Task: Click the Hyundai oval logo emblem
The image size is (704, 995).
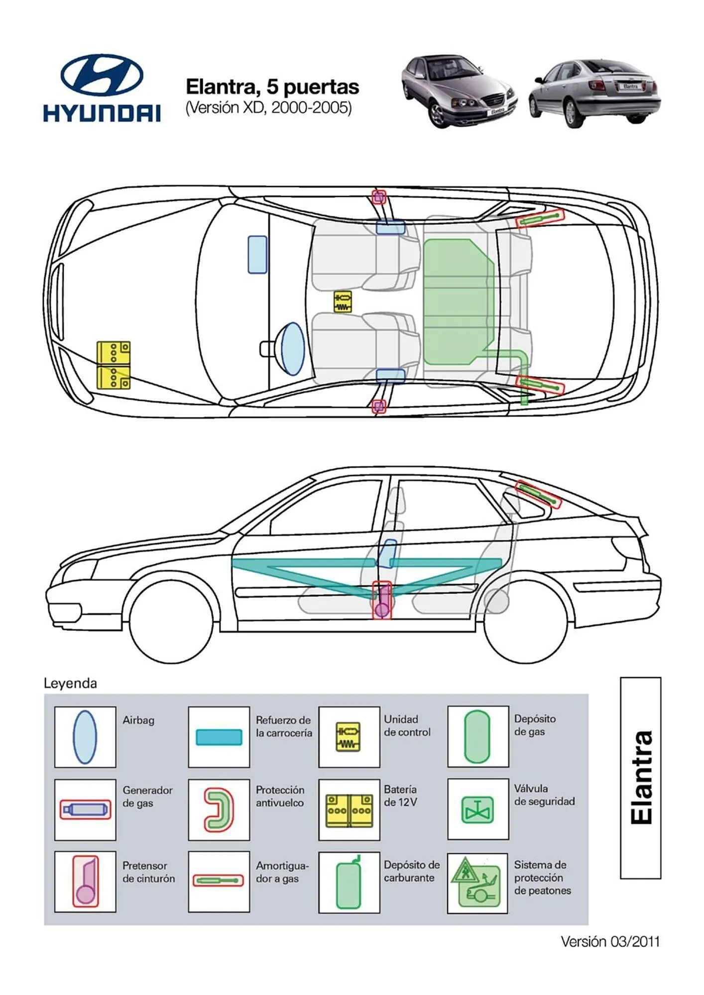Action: (x=102, y=75)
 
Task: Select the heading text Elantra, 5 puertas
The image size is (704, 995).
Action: (x=272, y=87)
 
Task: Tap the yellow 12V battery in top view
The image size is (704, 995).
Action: (x=114, y=365)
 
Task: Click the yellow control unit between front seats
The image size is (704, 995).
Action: (x=343, y=301)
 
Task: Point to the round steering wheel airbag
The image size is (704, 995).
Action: (x=292, y=348)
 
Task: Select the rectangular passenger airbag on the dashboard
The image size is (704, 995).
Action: (x=257, y=254)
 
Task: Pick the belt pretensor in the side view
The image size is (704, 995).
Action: (x=382, y=600)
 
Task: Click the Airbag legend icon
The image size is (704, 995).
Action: (x=85, y=737)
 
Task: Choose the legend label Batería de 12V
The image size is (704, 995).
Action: (x=400, y=796)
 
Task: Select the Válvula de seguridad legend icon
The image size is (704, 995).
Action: (x=477, y=809)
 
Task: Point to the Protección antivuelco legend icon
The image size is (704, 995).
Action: (x=219, y=809)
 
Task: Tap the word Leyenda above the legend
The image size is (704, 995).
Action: (x=70, y=683)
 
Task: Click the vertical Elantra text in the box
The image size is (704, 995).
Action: (x=641, y=777)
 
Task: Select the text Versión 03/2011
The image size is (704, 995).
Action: (x=610, y=941)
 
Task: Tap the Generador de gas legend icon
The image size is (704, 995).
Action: (x=85, y=809)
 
